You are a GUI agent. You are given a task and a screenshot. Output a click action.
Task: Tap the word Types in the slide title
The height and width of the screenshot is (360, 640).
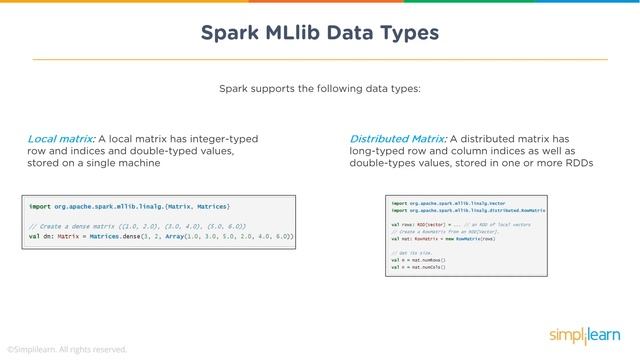pos(404,33)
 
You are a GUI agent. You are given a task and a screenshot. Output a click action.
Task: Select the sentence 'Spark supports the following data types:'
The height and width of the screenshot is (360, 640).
pos(320,89)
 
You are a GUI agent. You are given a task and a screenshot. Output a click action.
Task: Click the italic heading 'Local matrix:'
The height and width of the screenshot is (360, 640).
pos(61,138)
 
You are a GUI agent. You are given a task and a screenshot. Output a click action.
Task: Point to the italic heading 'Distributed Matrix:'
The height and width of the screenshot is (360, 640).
pos(398,138)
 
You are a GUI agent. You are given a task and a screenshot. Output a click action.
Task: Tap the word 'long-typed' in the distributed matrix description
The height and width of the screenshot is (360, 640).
pos(378,150)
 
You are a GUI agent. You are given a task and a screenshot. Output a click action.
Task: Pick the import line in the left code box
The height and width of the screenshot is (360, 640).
pos(130,204)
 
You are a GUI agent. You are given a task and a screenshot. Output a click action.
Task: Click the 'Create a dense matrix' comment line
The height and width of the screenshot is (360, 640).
pos(138,227)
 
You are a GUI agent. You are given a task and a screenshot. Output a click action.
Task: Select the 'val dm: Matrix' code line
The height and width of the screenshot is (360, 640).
pos(160,237)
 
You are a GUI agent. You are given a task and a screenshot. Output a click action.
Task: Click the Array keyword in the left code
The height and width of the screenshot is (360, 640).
pos(195,237)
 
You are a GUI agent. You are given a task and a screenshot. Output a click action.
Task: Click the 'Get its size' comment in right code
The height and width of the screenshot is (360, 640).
pos(414,254)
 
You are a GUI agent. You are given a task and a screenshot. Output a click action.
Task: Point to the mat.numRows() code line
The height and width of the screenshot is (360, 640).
pos(418,261)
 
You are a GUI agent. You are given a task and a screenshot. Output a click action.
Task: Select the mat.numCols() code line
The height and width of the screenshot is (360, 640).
pos(418,269)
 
